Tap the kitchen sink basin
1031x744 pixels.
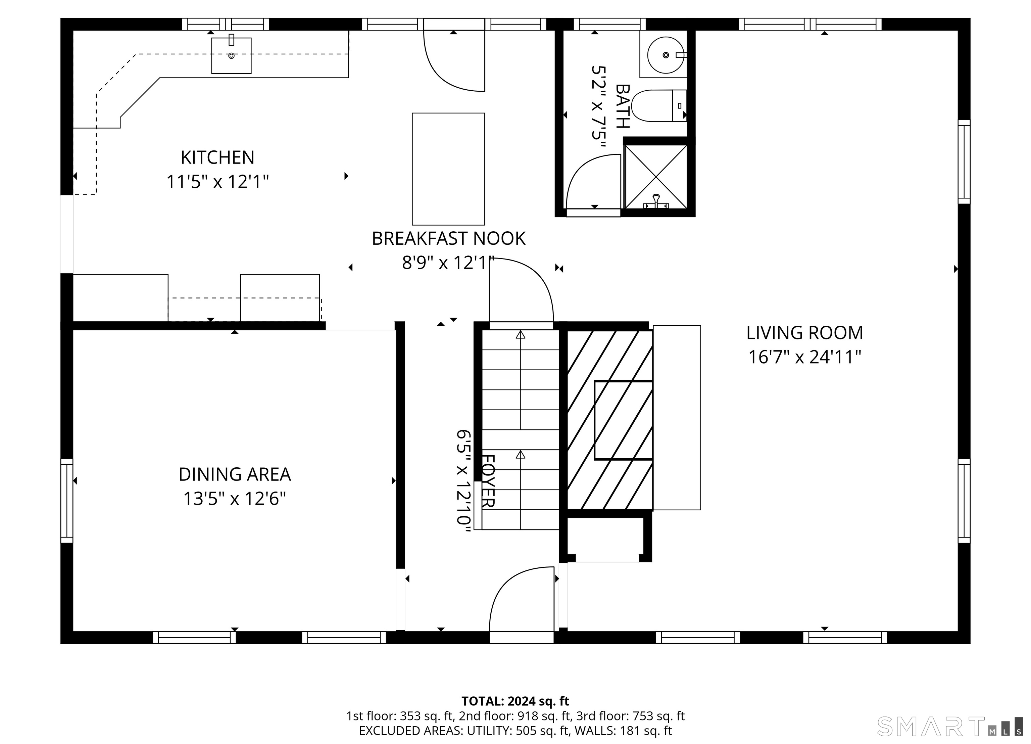[231, 55]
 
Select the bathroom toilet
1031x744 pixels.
[658, 105]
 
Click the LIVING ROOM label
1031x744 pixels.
[804, 333]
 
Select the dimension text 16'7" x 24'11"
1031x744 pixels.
[804, 357]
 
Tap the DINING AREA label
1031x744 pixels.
[234, 475]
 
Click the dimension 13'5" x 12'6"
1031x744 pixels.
[234, 499]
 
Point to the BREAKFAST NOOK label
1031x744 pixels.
[448, 239]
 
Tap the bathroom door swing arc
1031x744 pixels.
[591, 182]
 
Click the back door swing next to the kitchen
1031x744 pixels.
[452, 61]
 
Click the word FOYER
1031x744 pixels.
[487, 481]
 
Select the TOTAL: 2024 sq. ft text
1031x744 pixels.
[515, 701]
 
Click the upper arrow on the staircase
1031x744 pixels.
[521, 335]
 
